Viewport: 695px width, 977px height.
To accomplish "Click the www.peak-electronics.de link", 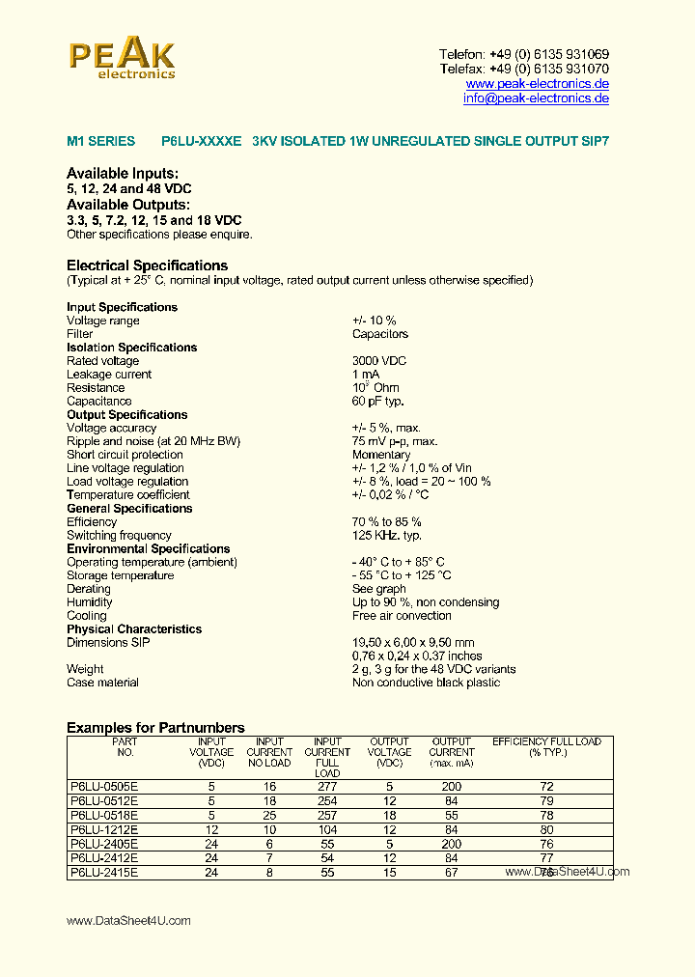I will [x=537, y=84].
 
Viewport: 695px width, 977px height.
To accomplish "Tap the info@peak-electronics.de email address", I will [x=536, y=98].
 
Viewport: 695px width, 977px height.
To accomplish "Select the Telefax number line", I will [x=523, y=70].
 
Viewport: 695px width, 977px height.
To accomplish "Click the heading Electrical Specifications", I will [x=147, y=265].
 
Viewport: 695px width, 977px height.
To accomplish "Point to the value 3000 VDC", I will [x=379, y=361].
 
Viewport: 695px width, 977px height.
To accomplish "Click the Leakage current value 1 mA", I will [x=366, y=375].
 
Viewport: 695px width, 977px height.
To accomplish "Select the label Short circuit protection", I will [x=125, y=455].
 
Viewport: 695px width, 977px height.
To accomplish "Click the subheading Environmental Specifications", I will [x=148, y=549].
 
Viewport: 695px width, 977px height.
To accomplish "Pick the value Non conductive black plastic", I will [x=426, y=683].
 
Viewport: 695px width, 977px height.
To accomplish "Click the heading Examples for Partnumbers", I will [x=155, y=728].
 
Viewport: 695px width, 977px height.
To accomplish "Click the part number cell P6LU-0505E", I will [x=104, y=787].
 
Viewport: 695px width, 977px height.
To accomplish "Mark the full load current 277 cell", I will [x=327, y=787].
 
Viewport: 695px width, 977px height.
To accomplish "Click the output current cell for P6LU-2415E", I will [x=451, y=872].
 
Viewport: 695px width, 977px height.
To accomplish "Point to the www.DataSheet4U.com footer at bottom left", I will [x=128, y=921].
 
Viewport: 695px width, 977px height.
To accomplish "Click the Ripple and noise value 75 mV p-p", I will [x=395, y=441].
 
